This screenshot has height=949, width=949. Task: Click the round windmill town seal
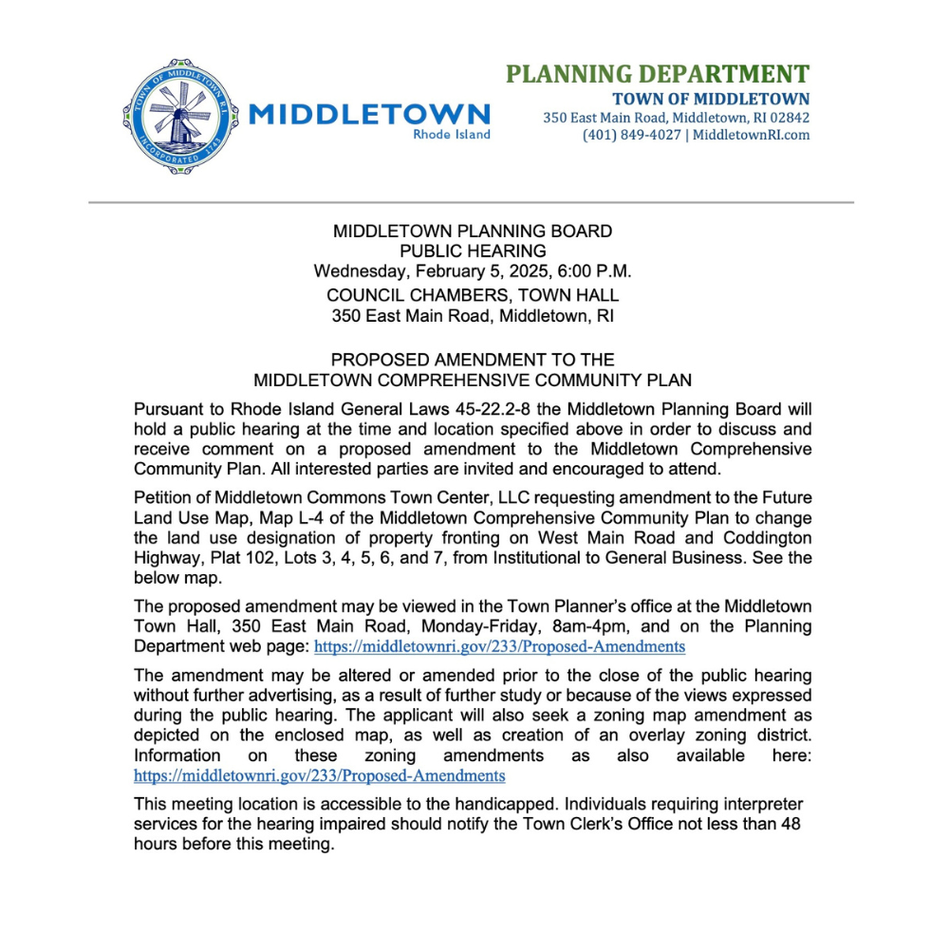pos(178,116)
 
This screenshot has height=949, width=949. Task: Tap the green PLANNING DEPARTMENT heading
pos(657,74)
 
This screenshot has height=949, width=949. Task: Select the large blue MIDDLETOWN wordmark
pos(369,115)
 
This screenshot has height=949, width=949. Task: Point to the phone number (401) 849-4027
pos(631,135)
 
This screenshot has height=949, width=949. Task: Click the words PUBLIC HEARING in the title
pos(473,251)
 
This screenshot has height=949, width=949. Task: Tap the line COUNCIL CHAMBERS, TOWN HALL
pos(473,295)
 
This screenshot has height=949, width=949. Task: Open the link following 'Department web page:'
pos(499,646)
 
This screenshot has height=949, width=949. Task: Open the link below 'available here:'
pos(319,775)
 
